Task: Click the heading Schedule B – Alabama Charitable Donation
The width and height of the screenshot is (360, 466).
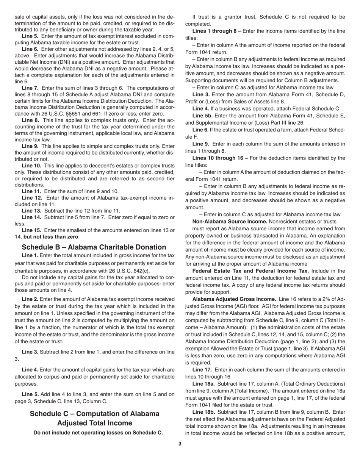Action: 94,247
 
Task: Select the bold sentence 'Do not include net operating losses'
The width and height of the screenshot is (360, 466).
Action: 98,432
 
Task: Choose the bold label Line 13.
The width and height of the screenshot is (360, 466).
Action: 32,211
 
